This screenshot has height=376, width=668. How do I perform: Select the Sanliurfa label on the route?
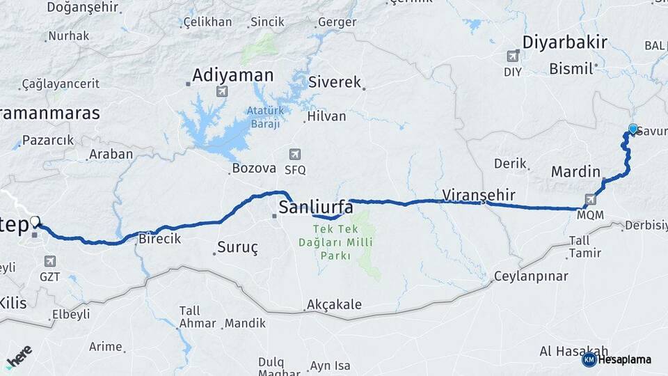point(321,207)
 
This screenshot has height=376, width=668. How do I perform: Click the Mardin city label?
point(575,171)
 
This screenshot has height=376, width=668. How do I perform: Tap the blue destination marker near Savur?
point(633,129)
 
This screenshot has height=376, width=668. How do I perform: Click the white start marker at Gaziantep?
point(34,221)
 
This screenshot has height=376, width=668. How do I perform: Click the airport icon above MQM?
point(591,200)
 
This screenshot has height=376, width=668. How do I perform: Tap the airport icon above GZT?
point(49,261)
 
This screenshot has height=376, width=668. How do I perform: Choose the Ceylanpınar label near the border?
point(531,276)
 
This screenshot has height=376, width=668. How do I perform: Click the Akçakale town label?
point(333,305)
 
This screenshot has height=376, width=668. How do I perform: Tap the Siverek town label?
point(335,82)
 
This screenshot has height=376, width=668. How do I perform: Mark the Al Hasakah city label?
point(573,351)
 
